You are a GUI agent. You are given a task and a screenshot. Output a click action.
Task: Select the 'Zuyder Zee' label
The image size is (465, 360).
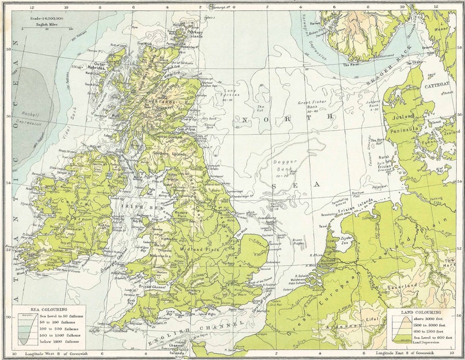[348, 241]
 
